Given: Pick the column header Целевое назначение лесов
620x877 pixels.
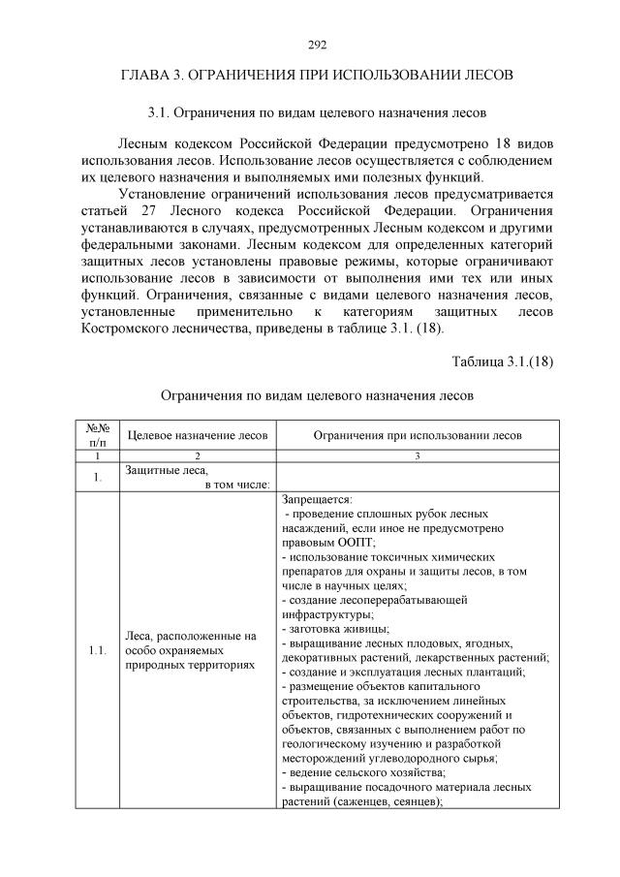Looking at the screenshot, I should coord(198,435).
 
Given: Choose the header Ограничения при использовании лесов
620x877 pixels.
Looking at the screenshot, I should coord(418,435).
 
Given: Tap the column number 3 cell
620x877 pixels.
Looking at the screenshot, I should coord(418,455).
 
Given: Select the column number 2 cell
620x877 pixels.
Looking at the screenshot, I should coord(198,455).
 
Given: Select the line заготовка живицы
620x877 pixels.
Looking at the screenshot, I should coord(335,629).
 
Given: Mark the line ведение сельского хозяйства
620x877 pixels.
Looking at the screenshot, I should coord(364,772).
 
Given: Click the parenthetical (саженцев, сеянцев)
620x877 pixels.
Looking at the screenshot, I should coord(387,801).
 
